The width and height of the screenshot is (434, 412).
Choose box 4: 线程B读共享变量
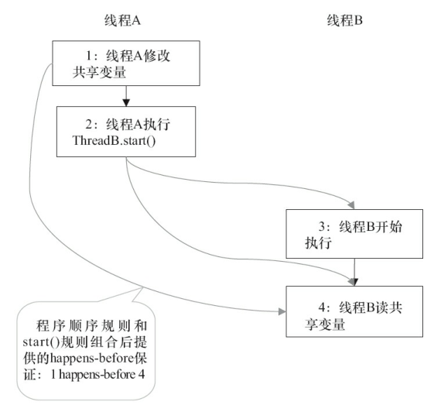[354, 310]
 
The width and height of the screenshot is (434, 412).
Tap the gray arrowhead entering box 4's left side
[280, 311]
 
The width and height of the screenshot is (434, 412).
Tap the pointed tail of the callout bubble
[141, 287]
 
